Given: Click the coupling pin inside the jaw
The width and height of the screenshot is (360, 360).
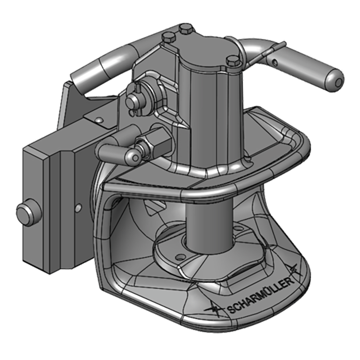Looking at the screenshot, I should [x=208, y=225].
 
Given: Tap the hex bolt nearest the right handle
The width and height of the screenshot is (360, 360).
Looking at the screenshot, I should [x=232, y=61].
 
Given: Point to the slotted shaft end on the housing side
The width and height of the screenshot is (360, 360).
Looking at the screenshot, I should [x=134, y=101].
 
